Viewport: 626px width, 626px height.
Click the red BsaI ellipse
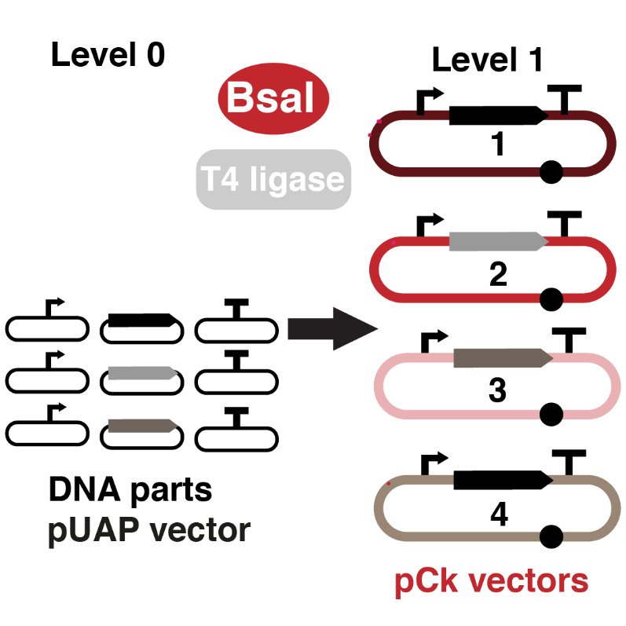(x=273, y=98)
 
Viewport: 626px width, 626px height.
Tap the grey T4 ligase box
(x=273, y=180)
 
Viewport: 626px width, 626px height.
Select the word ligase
(x=298, y=181)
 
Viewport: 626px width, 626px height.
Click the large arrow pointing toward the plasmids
(x=331, y=329)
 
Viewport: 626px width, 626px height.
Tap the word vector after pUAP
(x=203, y=531)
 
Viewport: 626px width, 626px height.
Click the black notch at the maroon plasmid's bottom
(x=552, y=172)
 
